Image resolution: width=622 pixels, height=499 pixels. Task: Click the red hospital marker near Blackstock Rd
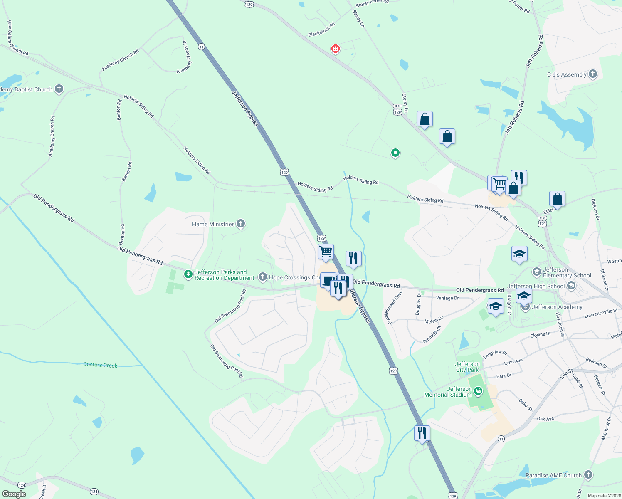click(x=336, y=49)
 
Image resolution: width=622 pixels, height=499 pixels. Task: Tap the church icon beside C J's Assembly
click(x=593, y=74)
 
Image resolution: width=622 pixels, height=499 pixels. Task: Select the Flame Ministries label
click(x=213, y=224)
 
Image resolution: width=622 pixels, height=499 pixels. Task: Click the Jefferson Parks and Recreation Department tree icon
click(x=188, y=274)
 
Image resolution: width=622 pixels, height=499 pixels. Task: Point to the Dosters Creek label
click(x=100, y=365)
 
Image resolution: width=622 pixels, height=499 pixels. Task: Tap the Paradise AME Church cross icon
click(x=588, y=474)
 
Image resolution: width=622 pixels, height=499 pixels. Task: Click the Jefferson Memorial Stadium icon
click(x=478, y=391)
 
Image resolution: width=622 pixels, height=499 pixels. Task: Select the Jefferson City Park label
click(x=467, y=367)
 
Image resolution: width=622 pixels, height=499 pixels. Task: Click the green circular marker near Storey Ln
click(x=395, y=153)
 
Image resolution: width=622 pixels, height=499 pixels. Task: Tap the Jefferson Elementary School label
click(x=567, y=272)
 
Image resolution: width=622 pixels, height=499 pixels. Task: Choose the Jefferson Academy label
click(x=557, y=307)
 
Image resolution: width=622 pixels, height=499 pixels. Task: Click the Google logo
click(x=14, y=494)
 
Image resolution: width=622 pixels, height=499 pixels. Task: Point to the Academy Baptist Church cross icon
click(x=59, y=89)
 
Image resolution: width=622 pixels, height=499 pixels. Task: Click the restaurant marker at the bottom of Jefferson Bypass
click(x=422, y=433)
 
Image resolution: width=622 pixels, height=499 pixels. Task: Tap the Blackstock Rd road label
click(x=321, y=30)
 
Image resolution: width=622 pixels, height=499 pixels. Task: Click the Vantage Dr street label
click(x=447, y=298)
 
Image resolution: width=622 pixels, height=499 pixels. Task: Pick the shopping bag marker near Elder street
click(x=557, y=199)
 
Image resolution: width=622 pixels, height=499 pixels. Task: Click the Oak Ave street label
click(x=545, y=419)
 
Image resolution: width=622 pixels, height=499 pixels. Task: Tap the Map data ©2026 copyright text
click(x=602, y=495)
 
